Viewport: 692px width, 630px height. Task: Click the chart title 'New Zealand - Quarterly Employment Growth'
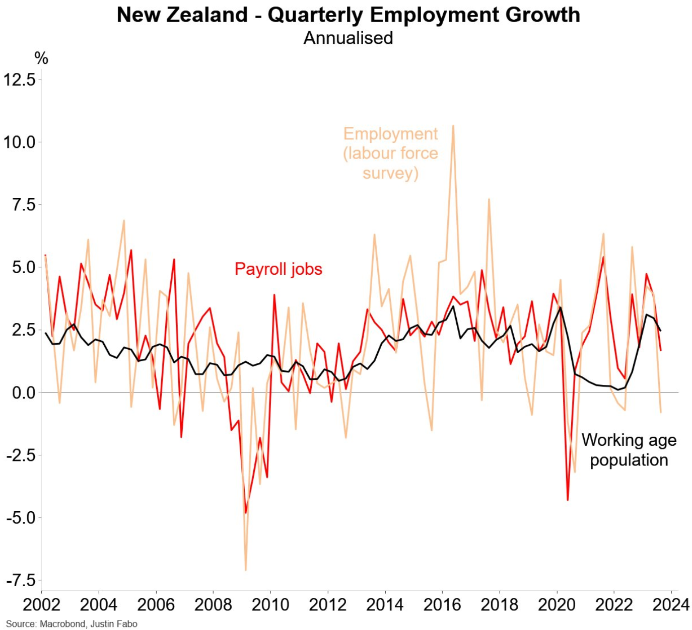coord(348,15)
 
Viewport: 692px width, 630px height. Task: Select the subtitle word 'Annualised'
coord(348,38)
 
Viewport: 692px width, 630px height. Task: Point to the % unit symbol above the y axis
coord(41,58)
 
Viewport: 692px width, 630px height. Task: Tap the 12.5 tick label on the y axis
coord(20,80)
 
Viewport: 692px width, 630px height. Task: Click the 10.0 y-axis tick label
coord(20,142)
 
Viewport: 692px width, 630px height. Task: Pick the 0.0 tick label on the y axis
coord(24,392)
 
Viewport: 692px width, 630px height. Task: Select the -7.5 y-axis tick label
coord(22,580)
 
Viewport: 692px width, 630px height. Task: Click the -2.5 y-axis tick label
coord(22,455)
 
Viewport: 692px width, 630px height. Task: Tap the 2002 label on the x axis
coord(41,604)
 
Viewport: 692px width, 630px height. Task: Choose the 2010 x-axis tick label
coord(270,604)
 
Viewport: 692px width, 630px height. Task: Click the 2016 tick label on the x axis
coord(442,604)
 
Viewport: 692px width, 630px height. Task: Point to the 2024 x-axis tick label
coord(671,604)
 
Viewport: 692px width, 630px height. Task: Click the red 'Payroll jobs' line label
coord(279,269)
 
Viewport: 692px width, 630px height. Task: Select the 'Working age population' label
coord(629,450)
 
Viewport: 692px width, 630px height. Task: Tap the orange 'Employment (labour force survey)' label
coord(390,153)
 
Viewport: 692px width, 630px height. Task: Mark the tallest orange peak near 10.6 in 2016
coord(453,126)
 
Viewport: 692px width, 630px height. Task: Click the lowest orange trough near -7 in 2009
coord(246,570)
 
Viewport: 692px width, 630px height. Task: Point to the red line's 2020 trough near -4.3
coord(568,500)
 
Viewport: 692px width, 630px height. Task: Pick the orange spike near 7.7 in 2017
coord(489,199)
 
